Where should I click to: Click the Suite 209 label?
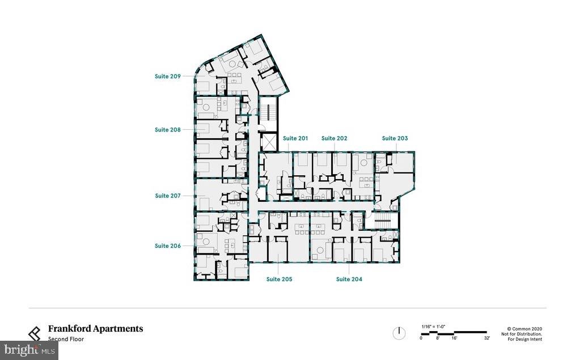[x=167, y=75]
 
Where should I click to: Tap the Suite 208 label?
[x=167, y=130]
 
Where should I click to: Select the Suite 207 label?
[x=167, y=196]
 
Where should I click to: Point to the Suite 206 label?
[x=167, y=246]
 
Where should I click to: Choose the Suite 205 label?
[x=279, y=279]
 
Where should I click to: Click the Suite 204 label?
[x=349, y=279]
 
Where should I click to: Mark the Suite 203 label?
[x=395, y=138]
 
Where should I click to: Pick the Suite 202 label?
[x=334, y=138]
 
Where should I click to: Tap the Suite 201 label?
[x=295, y=138]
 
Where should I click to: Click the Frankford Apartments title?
[x=95, y=328]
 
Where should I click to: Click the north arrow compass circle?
[x=399, y=333]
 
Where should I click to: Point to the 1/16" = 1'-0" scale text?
[x=434, y=326]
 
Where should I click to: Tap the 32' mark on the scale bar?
[x=487, y=338]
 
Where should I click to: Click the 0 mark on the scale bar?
[x=421, y=338]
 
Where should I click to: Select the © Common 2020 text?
[x=525, y=328]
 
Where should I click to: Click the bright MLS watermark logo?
[x=28, y=350]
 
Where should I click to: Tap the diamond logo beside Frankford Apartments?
[x=35, y=333]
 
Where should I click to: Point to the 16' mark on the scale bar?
[x=454, y=338]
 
